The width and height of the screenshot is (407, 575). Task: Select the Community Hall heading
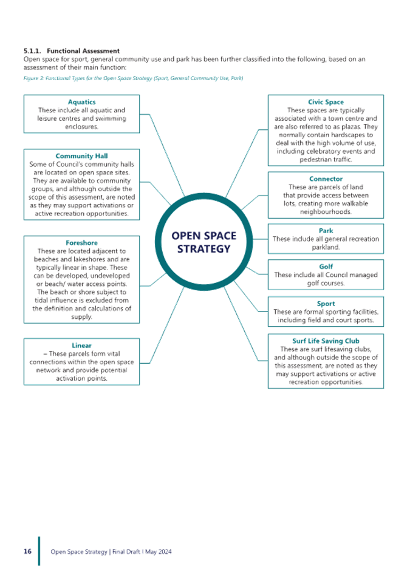pos(81,156)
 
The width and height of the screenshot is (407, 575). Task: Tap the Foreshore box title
pos(81,242)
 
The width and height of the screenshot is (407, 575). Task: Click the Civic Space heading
pos(325,103)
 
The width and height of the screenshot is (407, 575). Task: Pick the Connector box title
pos(325,179)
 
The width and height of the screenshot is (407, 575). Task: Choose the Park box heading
pos(325,231)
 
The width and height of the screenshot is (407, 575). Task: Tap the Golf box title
pos(325,267)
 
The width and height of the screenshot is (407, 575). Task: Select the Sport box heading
pos(325,303)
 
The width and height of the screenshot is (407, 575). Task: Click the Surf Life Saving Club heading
pos(325,341)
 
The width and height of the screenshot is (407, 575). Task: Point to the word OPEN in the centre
pos(186,236)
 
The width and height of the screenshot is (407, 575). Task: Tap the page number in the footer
pos(27,551)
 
